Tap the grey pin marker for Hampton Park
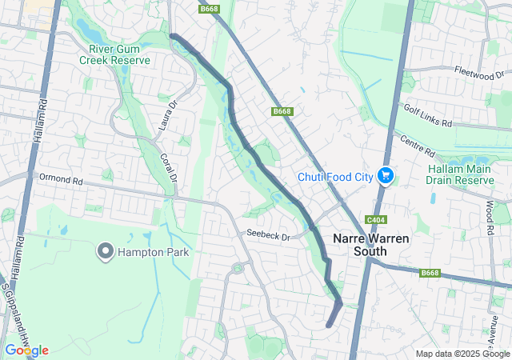click(x=105, y=251)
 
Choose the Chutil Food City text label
click(x=335, y=177)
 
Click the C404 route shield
click(x=374, y=220)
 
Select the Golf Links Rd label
click(x=427, y=117)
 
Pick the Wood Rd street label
click(x=489, y=217)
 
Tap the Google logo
click(x=26, y=350)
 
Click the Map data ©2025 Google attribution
click(x=462, y=354)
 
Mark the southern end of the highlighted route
click(x=330, y=324)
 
